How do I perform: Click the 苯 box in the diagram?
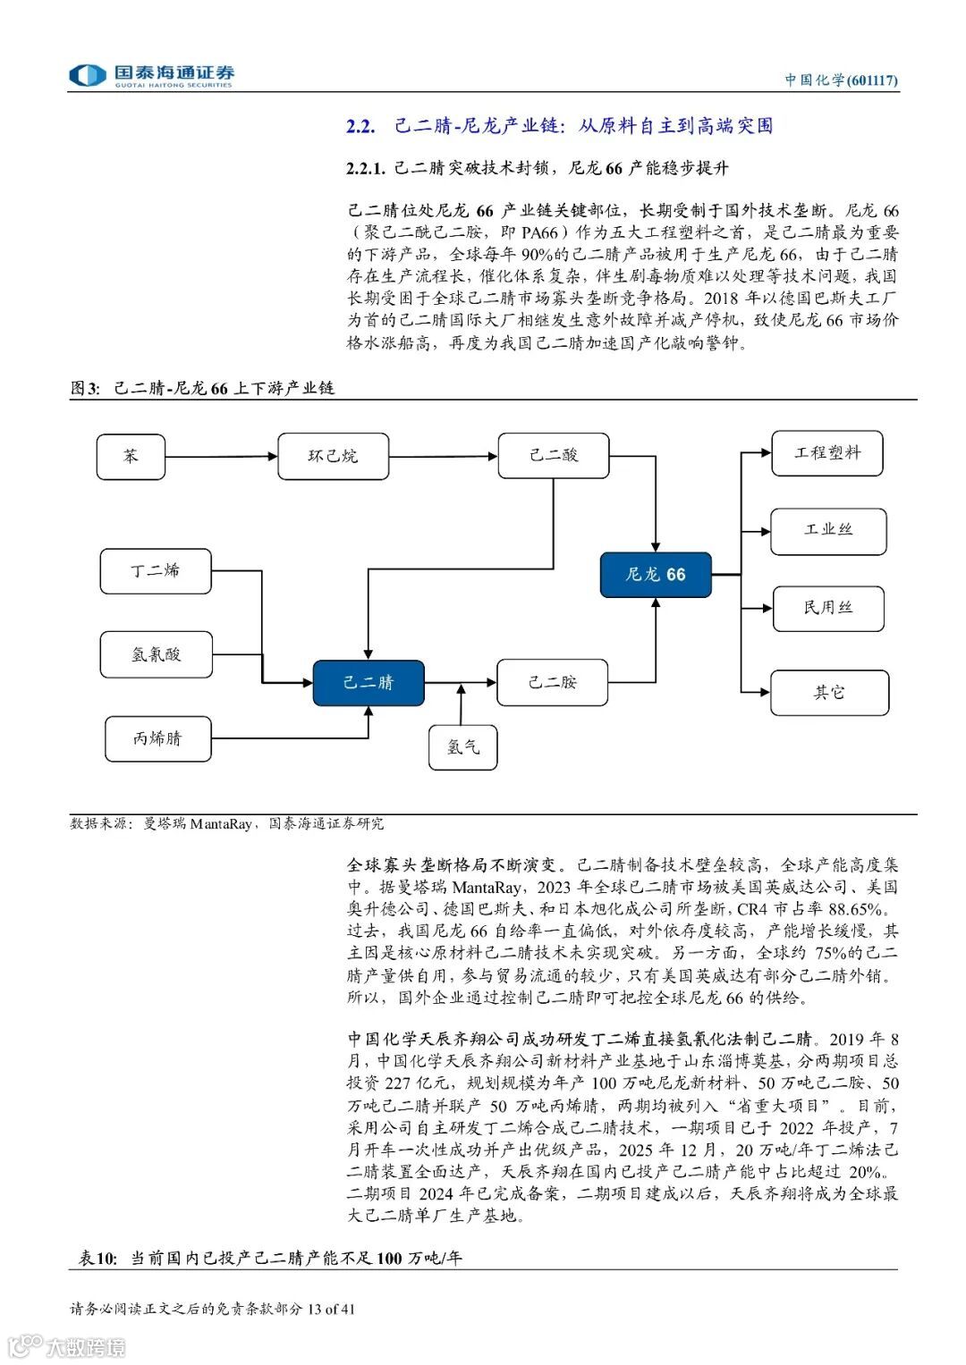131,456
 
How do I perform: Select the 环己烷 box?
333,456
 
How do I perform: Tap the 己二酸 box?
554,456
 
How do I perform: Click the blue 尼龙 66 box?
656,574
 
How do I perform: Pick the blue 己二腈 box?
368,683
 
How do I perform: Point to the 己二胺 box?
552,683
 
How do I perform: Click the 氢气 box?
462,746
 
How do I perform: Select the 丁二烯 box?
156,570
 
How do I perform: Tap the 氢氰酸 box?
156,654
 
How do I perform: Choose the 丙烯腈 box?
157,738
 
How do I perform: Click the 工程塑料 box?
827,453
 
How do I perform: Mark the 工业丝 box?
828,530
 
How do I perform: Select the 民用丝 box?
828,609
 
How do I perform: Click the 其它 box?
829,692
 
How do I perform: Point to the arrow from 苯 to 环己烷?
221,457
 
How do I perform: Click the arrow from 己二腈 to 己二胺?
460,683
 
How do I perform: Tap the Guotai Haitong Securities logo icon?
88,75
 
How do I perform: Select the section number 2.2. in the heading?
360,126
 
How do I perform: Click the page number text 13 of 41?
331,1310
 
